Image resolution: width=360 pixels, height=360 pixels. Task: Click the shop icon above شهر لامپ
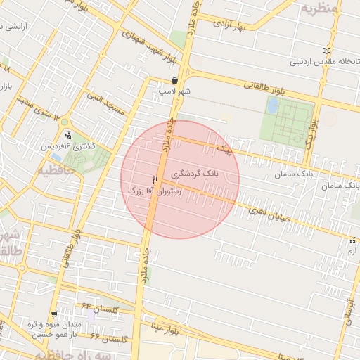(174, 80)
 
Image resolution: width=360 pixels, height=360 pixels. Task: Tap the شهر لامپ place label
(175, 91)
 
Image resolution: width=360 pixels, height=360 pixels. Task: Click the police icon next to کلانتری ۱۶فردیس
(68, 135)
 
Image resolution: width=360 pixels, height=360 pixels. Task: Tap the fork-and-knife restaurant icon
(155, 180)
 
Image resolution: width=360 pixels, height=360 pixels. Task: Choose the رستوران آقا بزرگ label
(154, 191)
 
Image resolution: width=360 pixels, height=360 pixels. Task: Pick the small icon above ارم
(352, 240)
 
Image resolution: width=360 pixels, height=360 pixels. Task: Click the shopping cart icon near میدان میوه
(54, 314)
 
